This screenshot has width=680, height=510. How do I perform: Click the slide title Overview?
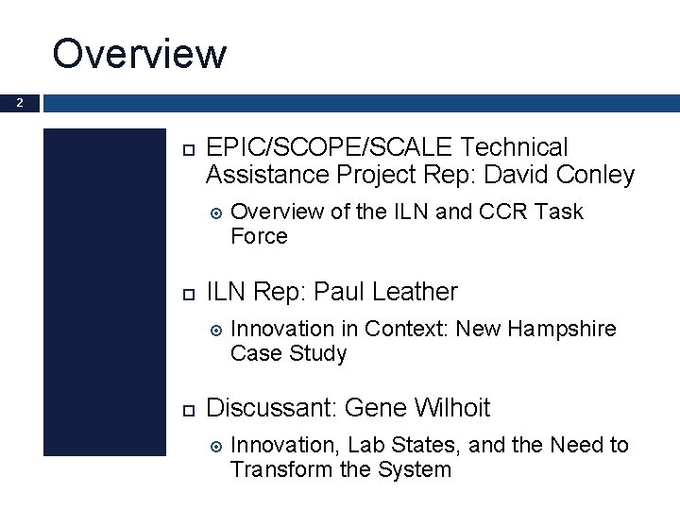pos(140,53)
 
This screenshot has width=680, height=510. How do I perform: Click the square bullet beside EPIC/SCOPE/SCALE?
pos(185,149)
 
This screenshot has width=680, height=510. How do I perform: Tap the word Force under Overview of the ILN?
pos(259,236)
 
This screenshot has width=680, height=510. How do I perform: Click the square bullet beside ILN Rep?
pos(185,293)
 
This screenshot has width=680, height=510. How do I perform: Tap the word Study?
pos(317,353)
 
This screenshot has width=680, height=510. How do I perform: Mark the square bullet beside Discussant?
pos(185,409)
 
